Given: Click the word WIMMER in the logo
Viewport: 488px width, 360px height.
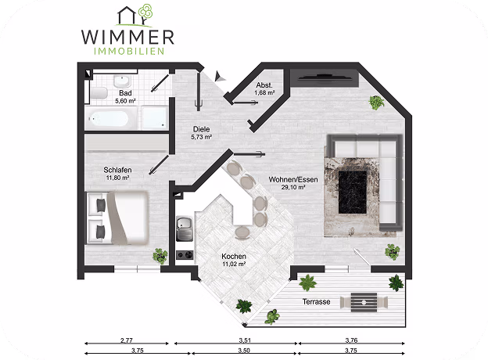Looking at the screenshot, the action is [x=127, y=37].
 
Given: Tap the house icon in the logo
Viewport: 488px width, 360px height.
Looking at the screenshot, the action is [x=127, y=15].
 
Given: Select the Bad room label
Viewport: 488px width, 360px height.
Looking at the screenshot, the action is [x=125, y=93].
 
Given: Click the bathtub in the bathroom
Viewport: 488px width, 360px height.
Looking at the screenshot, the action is [x=109, y=119].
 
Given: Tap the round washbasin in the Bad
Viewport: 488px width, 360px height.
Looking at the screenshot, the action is [x=122, y=81].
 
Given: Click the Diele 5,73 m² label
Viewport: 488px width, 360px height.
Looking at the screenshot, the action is [x=201, y=133].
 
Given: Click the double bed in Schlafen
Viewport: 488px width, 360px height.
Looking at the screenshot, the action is [x=117, y=218].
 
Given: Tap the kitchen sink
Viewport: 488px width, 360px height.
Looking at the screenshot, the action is [x=185, y=229].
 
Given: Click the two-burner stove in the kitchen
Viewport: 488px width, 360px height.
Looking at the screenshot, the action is [x=185, y=255].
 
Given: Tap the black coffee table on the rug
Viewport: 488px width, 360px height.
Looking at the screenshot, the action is [x=353, y=193].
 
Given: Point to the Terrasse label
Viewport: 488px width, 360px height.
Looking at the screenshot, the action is [x=316, y=302].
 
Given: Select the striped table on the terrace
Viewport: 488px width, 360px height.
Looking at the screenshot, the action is [x=364, y=302].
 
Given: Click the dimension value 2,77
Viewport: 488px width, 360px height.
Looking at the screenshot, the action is [x=127, y=340].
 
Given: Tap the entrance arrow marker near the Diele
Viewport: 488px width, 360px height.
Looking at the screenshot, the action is [x=220, y=77].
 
